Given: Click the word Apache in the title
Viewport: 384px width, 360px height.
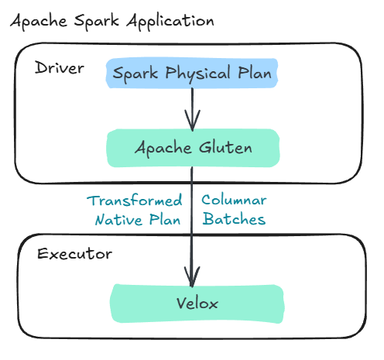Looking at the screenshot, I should point(36,21).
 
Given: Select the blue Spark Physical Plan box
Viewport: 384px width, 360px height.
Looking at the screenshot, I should point(191,74).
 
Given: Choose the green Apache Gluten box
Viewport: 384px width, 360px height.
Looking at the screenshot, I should point(191,147).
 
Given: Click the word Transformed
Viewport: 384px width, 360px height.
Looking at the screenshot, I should point(135,201).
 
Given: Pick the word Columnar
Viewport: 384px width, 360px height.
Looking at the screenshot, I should point(235,201).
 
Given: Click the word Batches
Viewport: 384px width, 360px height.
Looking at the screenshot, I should point(235,219).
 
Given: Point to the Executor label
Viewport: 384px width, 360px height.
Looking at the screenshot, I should point(74,254).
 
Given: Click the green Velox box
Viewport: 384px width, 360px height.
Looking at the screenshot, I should point(191,303).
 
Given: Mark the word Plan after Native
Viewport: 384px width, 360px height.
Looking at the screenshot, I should point(166,219).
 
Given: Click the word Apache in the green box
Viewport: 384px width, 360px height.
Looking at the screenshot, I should point(161,147).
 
